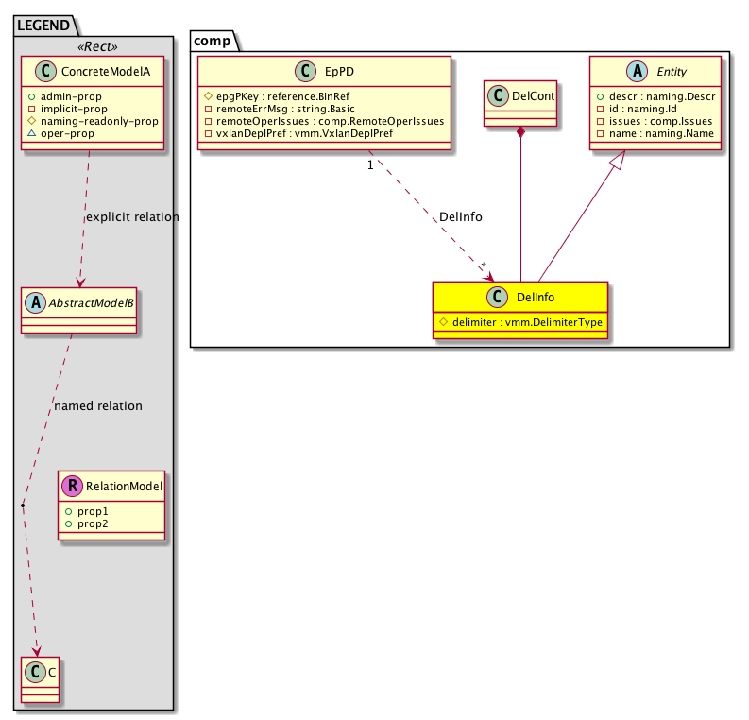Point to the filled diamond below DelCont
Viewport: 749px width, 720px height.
click(x=520, y=134)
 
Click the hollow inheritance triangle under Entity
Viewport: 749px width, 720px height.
click(x=616, y=163)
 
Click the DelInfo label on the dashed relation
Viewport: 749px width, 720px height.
click(x=461, y=217)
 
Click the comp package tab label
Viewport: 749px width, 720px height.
click(x=206, y=41)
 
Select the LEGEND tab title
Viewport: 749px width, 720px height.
click(x=42, y=26)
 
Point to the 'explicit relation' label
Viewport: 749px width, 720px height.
click(x=131, y=217)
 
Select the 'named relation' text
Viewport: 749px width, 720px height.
click(x=98, y=406)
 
